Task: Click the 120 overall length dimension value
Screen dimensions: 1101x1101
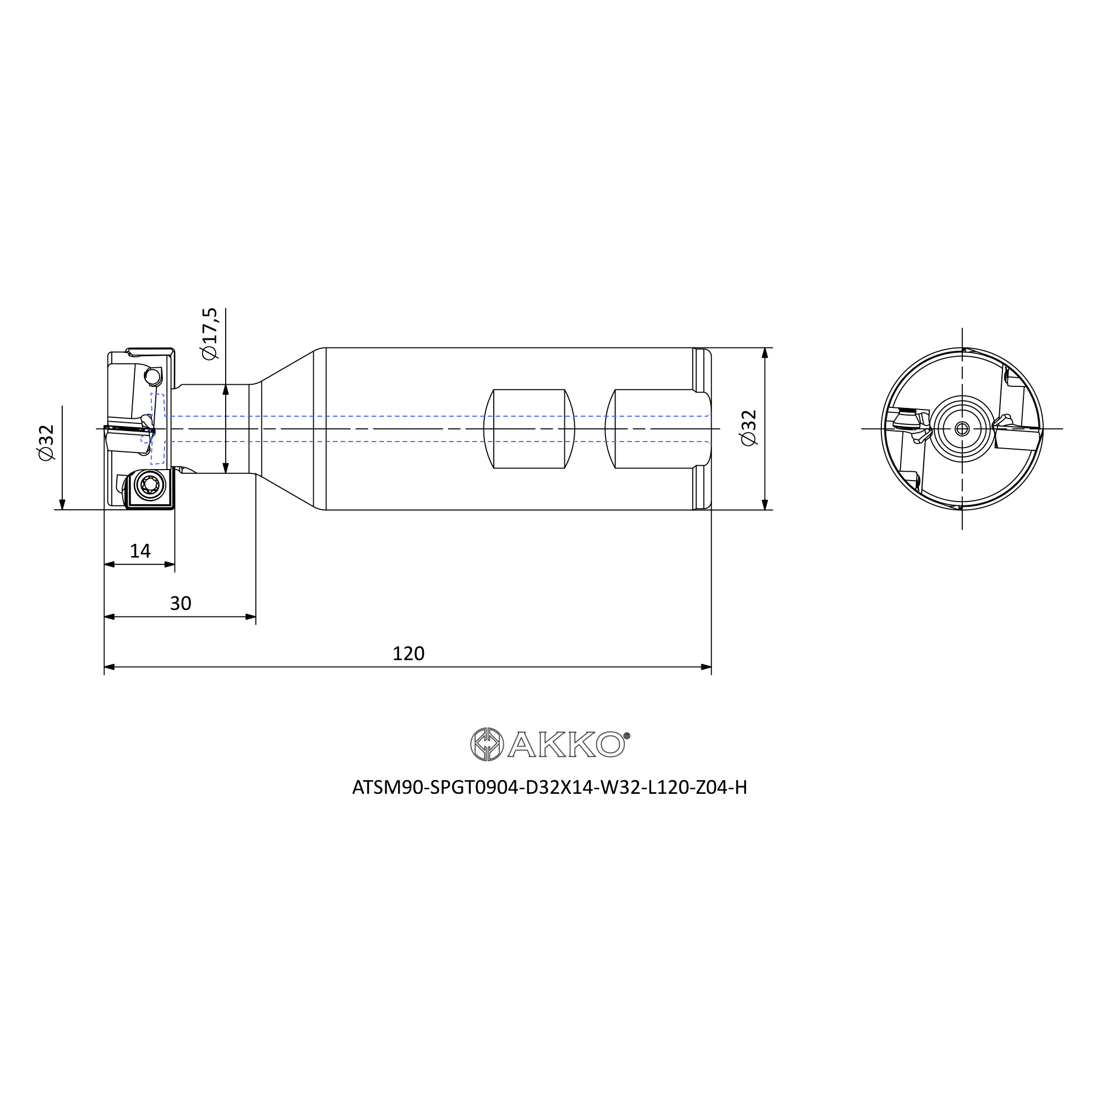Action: [408, 653]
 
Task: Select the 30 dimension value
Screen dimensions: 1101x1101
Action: [181, 603]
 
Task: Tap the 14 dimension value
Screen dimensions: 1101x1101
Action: [140, 550]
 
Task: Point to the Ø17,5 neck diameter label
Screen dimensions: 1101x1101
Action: [210, 334]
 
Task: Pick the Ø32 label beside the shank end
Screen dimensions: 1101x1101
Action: [748, 428]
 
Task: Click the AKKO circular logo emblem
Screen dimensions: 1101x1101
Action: [487, 744]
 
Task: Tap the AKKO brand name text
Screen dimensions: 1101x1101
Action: [566, 744]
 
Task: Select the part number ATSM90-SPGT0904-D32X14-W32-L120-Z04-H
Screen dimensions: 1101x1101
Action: [549, 787]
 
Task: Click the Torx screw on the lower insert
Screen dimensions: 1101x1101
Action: [150, 486]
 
